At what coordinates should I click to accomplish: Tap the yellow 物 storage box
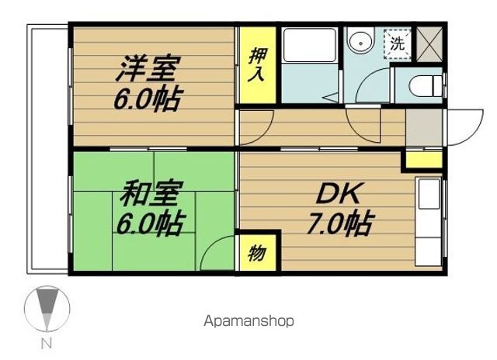(x=254, y=252)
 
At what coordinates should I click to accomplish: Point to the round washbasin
(x=360, y=43)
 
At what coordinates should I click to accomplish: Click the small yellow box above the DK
(x=421, y=161)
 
